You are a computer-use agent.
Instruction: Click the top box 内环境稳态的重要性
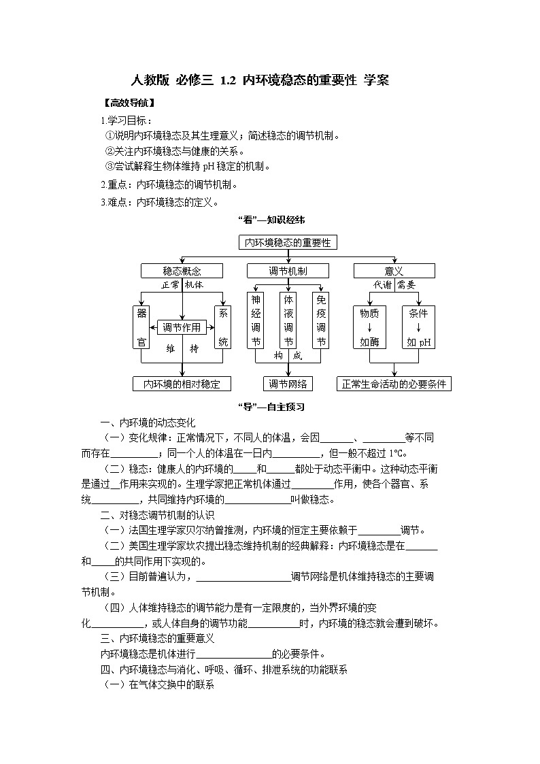(288, 242)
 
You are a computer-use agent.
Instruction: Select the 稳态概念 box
(182, 271)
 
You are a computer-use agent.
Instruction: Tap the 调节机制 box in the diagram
(288, 271)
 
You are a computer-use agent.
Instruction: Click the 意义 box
(394, 271)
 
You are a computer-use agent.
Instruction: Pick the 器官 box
(141, 327)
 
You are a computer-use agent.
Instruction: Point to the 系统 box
(222, 327)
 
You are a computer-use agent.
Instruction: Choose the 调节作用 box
(182, 327)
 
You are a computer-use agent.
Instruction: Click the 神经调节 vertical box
(256, 320)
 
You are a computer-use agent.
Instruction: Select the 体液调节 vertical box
(288, 320)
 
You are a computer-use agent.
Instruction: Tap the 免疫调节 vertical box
(321, 320)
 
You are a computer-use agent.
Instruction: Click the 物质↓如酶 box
(370, 327)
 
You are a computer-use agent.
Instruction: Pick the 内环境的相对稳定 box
(182, 384)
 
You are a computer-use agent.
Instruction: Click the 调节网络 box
(288, 384)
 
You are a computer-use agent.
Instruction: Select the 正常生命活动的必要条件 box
(394, 384)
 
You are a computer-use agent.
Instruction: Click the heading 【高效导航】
(127, 104)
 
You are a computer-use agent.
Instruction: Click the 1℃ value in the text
(396, 453)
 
